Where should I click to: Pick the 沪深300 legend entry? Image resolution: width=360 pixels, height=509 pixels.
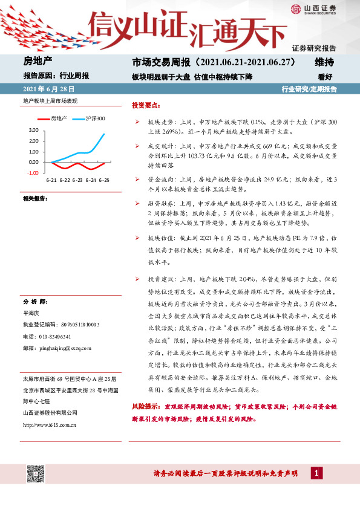tap(95, 118)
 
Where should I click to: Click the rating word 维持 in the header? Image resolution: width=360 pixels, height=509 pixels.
tap(324, 62)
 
